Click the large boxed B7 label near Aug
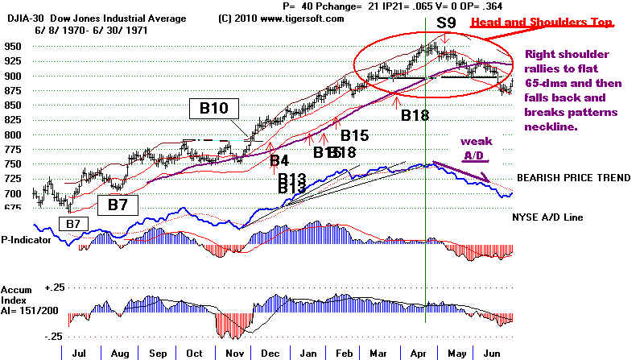pyautogui.click(x=118, y=205)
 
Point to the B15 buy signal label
pyautogui.click(x=354, y=134)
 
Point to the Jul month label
pyautogui.click(x=79, y=352)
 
